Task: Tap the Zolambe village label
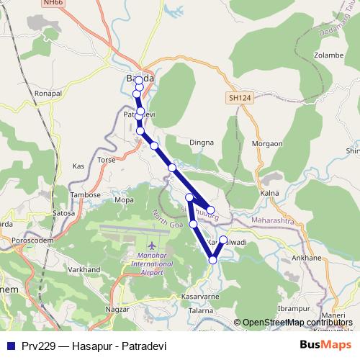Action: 329,55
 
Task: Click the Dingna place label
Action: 202,143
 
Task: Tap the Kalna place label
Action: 269,194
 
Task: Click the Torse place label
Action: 106,159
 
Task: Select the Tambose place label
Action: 85,194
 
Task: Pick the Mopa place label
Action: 124,199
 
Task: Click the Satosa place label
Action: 63,212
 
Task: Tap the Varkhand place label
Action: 84,269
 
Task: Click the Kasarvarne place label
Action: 199,297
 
